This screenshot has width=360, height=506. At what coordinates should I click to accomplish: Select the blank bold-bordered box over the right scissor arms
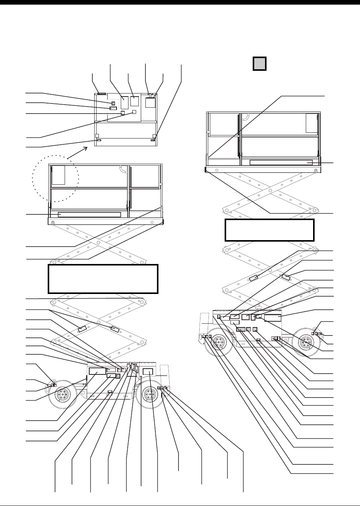pyautogui.click(x=270, y=230)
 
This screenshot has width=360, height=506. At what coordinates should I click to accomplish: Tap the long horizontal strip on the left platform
pyautogui.click(x=89, y=214)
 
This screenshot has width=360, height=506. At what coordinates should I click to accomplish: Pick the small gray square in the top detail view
pyautogui.click(x=113, y=103)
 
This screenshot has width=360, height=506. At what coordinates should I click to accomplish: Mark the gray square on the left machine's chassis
pyautogui.click(x=118, y=376)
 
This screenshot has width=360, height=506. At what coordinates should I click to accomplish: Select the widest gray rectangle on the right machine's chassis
pyautogui.click(x=241, y=329)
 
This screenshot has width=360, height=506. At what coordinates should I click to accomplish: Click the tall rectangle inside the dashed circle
pyautogui.click(x=58, y=175)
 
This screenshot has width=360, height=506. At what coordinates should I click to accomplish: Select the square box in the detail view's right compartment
pyautogui.click(x=150, y=102)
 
